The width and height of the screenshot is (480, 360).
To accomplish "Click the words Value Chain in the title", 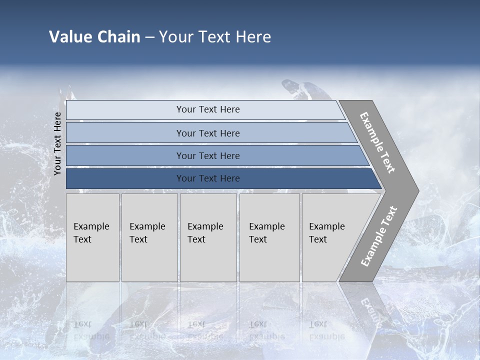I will [94, 37].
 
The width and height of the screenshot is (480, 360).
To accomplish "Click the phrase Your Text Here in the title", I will [215, 37].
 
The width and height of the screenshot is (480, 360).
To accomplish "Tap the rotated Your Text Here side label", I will [58, 143].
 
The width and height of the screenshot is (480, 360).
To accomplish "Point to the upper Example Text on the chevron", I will [377, 142].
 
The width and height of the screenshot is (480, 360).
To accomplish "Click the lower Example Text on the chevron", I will [379, 236].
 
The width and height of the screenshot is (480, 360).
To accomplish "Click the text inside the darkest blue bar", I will [208, 178].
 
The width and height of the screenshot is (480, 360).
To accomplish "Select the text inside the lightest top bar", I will [208, 109].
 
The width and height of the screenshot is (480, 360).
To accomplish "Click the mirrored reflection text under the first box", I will [91, 330].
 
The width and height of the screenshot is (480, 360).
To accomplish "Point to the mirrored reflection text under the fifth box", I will [326, 330].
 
